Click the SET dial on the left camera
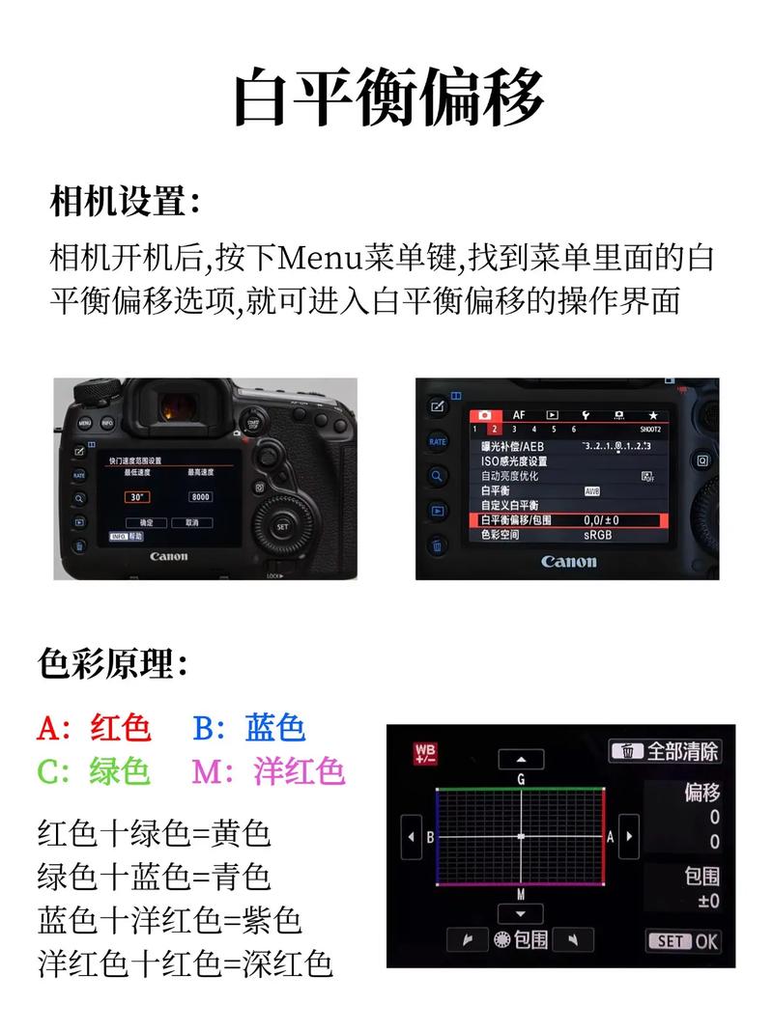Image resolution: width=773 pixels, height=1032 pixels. click(x=282, y=527)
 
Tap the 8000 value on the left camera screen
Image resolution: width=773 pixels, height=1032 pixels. click(x=200, y=496)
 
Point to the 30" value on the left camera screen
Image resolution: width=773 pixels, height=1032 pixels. click(x=137, y=496)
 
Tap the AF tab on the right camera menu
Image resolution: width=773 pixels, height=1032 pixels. click(x=519, y=414)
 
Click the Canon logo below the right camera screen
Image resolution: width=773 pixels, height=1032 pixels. click(x=568, y=562)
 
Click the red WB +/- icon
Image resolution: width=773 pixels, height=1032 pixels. click(x=424, y=753)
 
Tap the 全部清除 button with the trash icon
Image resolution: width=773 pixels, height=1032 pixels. click(x=665, y=751)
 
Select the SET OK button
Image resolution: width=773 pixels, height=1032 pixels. click(x=682, y=940)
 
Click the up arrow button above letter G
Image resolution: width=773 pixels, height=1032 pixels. click(x=521, y=760)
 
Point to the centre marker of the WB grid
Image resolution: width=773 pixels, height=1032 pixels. click(x=521, y=836)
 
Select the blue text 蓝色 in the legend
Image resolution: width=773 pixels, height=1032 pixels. click(x=275, y=726)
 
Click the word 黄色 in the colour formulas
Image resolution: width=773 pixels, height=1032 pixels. click(x=241, y=831)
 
